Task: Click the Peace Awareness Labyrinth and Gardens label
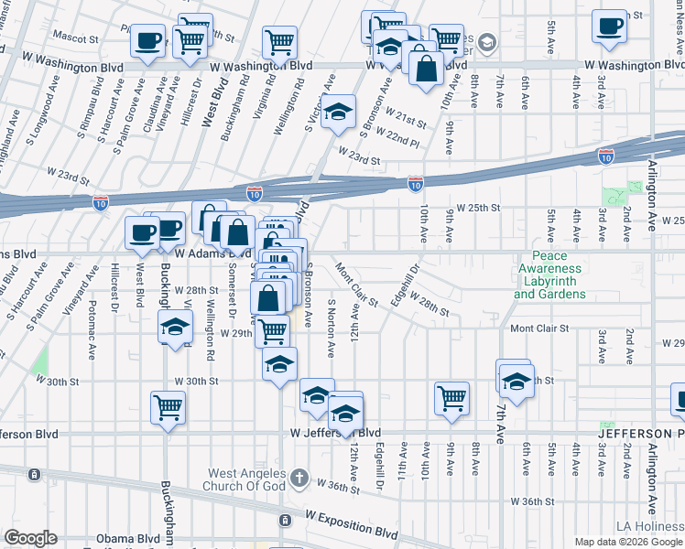pos(549,275)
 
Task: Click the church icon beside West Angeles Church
pos(299,478)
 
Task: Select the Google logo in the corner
pos(30,538)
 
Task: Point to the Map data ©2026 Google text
pos(627,542)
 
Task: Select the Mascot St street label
pos(75,39)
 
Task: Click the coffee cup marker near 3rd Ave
pos(608,26)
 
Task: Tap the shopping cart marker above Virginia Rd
pos(279,40)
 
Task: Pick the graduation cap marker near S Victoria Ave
pos(338,112)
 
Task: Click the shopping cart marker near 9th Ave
pos(451,397)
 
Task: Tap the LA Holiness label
pos(649,525)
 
